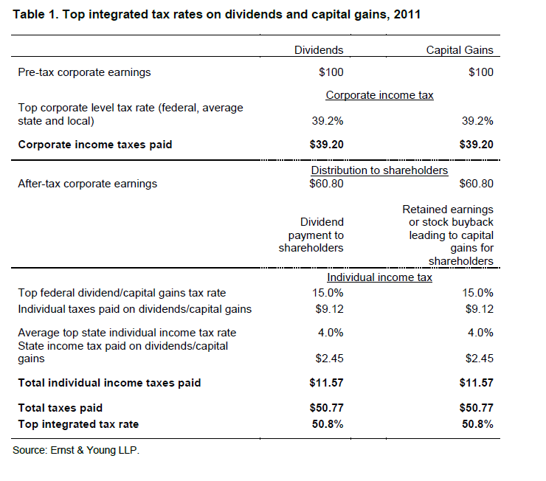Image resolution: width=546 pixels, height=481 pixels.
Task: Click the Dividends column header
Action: point(319,50)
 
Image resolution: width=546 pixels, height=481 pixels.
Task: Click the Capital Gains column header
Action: point(460,50)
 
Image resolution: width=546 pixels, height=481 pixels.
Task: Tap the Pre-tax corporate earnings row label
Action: point(84,72)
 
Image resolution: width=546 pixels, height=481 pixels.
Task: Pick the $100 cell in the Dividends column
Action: point(331,72)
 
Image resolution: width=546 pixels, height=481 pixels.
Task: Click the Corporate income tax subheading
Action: point(379,95)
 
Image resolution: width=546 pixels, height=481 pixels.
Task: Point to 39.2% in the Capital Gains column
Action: point(477,121)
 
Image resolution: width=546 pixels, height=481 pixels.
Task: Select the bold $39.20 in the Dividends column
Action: point(326,145)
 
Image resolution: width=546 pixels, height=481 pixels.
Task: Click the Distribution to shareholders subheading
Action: point(379,170)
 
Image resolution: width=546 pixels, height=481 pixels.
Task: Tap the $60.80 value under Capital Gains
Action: point(476,184)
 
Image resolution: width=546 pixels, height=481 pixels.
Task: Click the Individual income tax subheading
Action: point(379,277)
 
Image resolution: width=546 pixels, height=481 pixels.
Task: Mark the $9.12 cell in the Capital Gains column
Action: point(479,309)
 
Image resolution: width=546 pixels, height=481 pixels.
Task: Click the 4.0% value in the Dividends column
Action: point(331,333)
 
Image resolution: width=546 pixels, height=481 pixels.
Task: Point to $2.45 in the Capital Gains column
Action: point(479,359)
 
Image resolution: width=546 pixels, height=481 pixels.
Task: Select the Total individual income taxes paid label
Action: point(109,383)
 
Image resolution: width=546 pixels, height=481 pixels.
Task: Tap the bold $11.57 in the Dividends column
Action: point(326,383)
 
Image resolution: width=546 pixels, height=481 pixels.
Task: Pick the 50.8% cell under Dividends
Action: point(328,424)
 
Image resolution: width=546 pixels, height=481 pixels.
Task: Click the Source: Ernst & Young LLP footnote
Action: point(76,451)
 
